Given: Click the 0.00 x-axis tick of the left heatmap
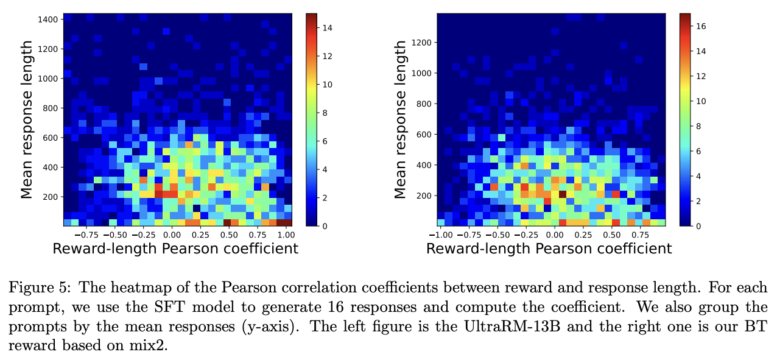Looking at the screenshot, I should click(172, 235).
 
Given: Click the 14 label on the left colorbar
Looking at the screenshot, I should click(326, 27).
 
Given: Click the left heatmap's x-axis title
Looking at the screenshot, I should click(175, 249).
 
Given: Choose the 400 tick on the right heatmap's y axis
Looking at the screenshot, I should click(424, 164).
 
